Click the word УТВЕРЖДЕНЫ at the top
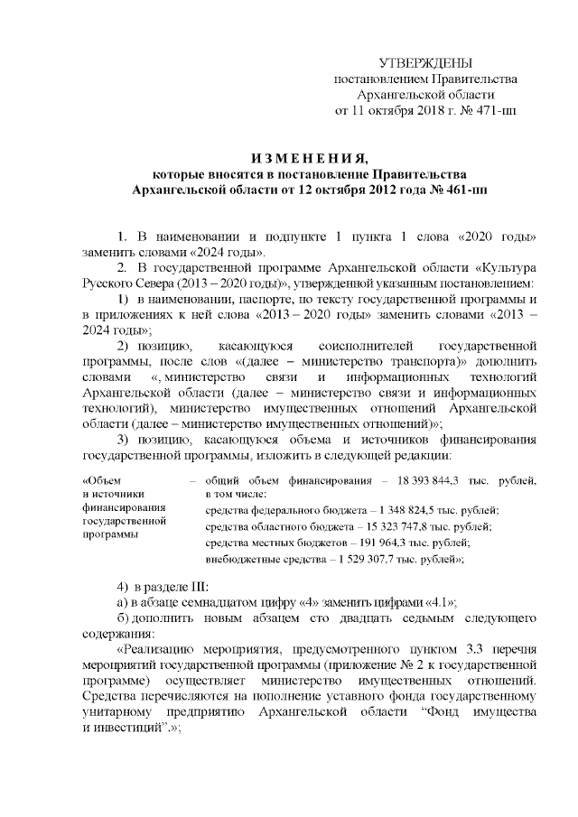[424, 62]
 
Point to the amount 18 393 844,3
[414, 479]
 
